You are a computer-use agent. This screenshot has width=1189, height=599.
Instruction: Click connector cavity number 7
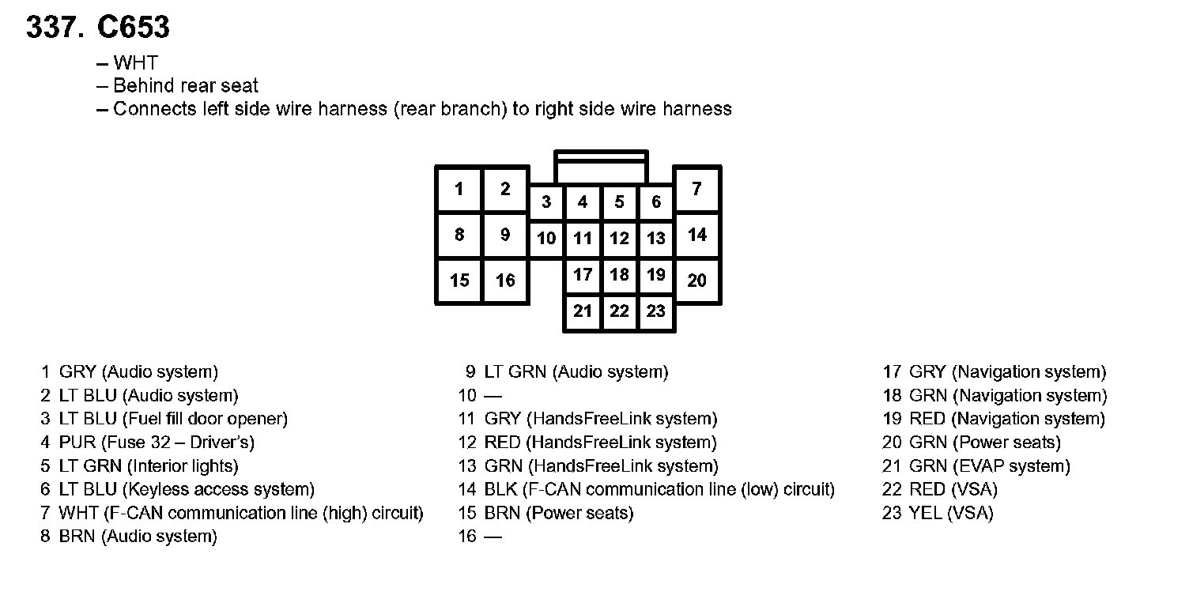pos(696,190)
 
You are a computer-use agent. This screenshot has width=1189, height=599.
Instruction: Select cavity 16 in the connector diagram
pos(505,281)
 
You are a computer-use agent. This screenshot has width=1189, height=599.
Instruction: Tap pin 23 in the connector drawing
pos(656,311)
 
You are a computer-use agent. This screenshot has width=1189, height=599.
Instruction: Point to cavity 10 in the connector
pos(546,239)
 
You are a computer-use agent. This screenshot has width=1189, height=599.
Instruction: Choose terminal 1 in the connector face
pos(459,190)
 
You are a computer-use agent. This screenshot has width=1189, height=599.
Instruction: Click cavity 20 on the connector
pos(696,281)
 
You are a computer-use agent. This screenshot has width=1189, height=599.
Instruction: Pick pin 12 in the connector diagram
pos(620,239)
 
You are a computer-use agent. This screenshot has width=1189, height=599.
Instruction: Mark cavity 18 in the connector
pos(620,275)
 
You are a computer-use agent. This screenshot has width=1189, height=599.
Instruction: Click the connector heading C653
pos(133,28)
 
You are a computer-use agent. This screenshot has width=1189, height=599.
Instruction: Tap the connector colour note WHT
pos(135,63)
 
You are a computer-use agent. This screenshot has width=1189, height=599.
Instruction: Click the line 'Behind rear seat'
pos(186,86)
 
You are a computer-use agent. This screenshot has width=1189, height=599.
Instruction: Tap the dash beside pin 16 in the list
pos(493,537)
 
